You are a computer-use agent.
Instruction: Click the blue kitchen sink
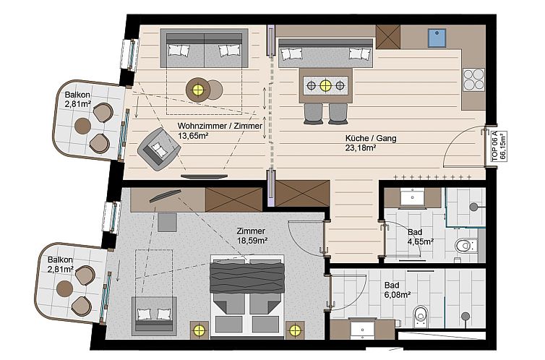pos(437,37)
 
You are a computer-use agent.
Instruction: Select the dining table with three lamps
pos(325,86)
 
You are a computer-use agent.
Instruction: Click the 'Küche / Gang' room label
pos(371,138)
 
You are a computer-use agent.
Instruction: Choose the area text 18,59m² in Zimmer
pos(252,241)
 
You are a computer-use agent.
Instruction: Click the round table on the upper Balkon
pos(83,126)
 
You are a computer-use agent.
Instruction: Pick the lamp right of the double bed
pos(295,330)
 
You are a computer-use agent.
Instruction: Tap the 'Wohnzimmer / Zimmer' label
pos(220,126)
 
